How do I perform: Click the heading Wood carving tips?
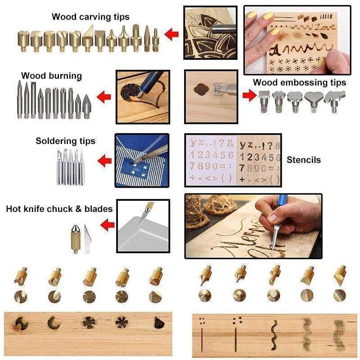pos(90,17)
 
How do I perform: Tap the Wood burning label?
pos(51,76)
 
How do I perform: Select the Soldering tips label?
pos(65,141)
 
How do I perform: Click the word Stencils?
pos(304,159)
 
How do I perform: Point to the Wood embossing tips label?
pos(299,82)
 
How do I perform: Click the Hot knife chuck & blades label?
pos(59,209)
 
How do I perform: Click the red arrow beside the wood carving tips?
pos(172,33)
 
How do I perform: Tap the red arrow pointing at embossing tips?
pos(249,95)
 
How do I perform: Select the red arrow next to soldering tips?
pos(105,159)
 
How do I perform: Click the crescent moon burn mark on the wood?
pos(54,323)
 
